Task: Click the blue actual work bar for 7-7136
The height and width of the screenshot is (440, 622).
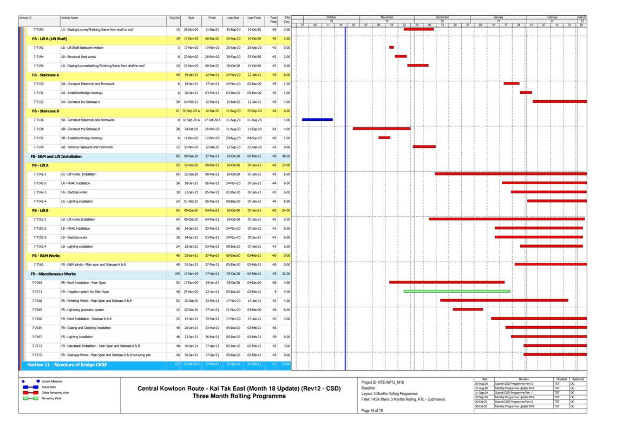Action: pyautogui.click(x=317, y=120)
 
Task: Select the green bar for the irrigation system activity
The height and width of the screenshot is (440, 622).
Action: pyautogui.click(x=456, y=291)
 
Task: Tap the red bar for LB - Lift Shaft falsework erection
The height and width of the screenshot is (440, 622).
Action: pyautogui.click(x=391, y=48)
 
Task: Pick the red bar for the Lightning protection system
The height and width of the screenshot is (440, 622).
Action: pyautogui.click(x=467, y=309)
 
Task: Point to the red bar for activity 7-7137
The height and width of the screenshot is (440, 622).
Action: pyautogui.click(x=384, y=138)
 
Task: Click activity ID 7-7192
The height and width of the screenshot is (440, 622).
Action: pyautogui.click(x=38, y=48)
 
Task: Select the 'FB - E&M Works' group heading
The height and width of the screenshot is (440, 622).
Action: pyautogui.click(x=46, y=255)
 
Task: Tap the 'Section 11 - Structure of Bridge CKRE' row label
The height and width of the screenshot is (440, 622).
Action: pyautogui.click(x=67, y=365)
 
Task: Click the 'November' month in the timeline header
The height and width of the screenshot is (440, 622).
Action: pyautogui.click(x=387, y=17)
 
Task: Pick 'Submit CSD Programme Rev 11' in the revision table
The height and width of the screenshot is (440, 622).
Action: pyautogui.click(x=514, y=392)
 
